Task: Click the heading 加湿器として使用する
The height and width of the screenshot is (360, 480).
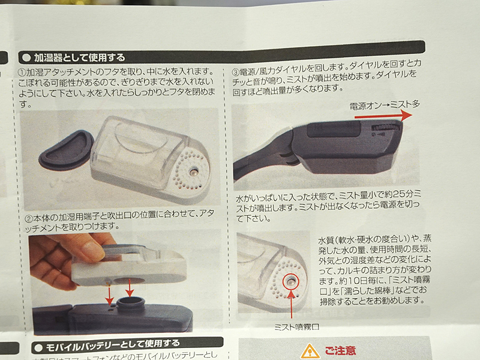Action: point(80,58)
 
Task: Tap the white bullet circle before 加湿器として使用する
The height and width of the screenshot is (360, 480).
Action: point(26,58)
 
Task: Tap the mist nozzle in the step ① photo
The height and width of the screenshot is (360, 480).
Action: point(193,172)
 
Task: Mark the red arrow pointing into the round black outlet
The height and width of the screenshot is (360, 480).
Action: point(128,287)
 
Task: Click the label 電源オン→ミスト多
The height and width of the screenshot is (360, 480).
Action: point(385,104)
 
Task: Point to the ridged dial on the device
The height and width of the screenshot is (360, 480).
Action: point(384,128)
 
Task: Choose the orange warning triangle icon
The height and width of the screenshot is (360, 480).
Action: point(310,351)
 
